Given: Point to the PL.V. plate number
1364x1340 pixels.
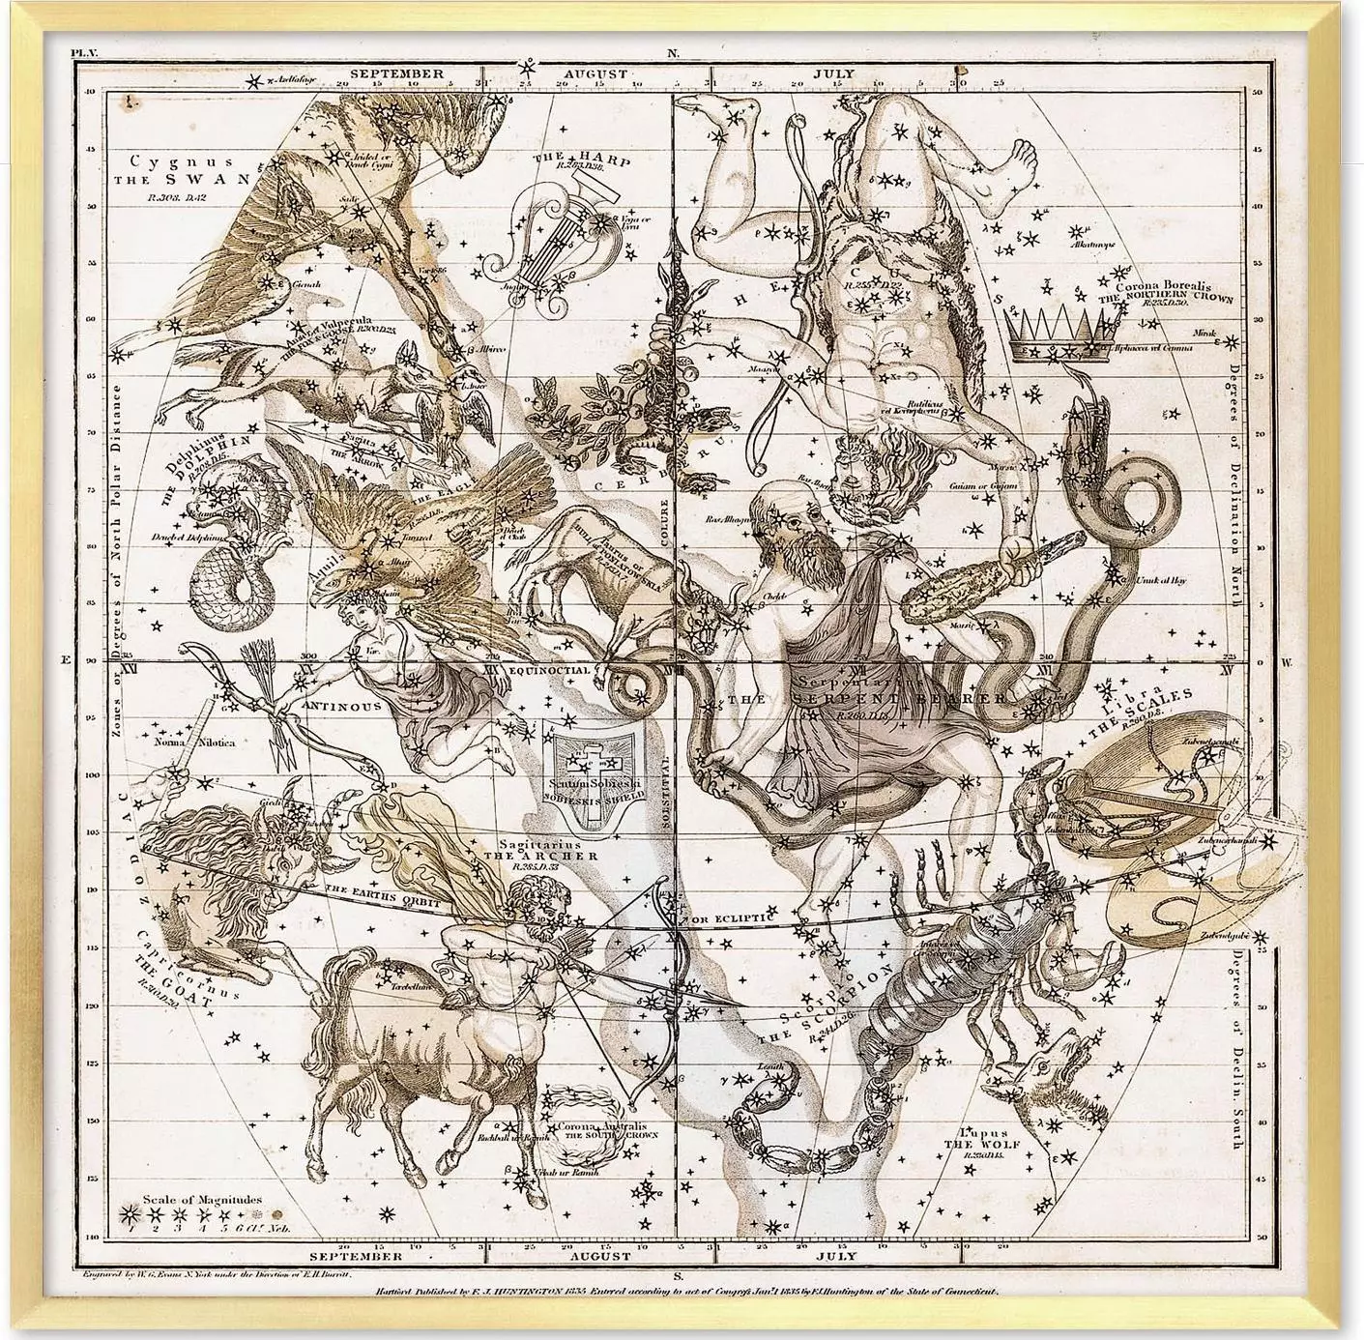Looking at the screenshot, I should pyautogui.click(x=85, y=54).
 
